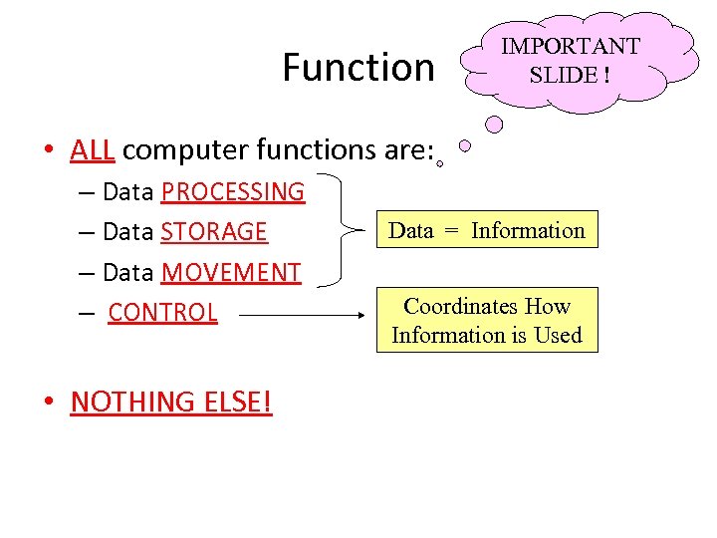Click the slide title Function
click(x=358, y=68)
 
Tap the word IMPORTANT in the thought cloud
click(x=570, y=46)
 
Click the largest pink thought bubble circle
click(x=494, y=126)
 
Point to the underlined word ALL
click(x=93, y=149)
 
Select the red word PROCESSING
click(x=232, y=191)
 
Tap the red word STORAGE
click(x=214, y=232)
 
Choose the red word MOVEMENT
click(x=230, y=272)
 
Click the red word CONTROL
click(x=162, y=313)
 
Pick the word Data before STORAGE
click(x=128, y=232)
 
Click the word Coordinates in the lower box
click(x=459, y=307)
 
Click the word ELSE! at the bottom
click(x=236, y=402)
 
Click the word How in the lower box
click(x=547, y=307)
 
